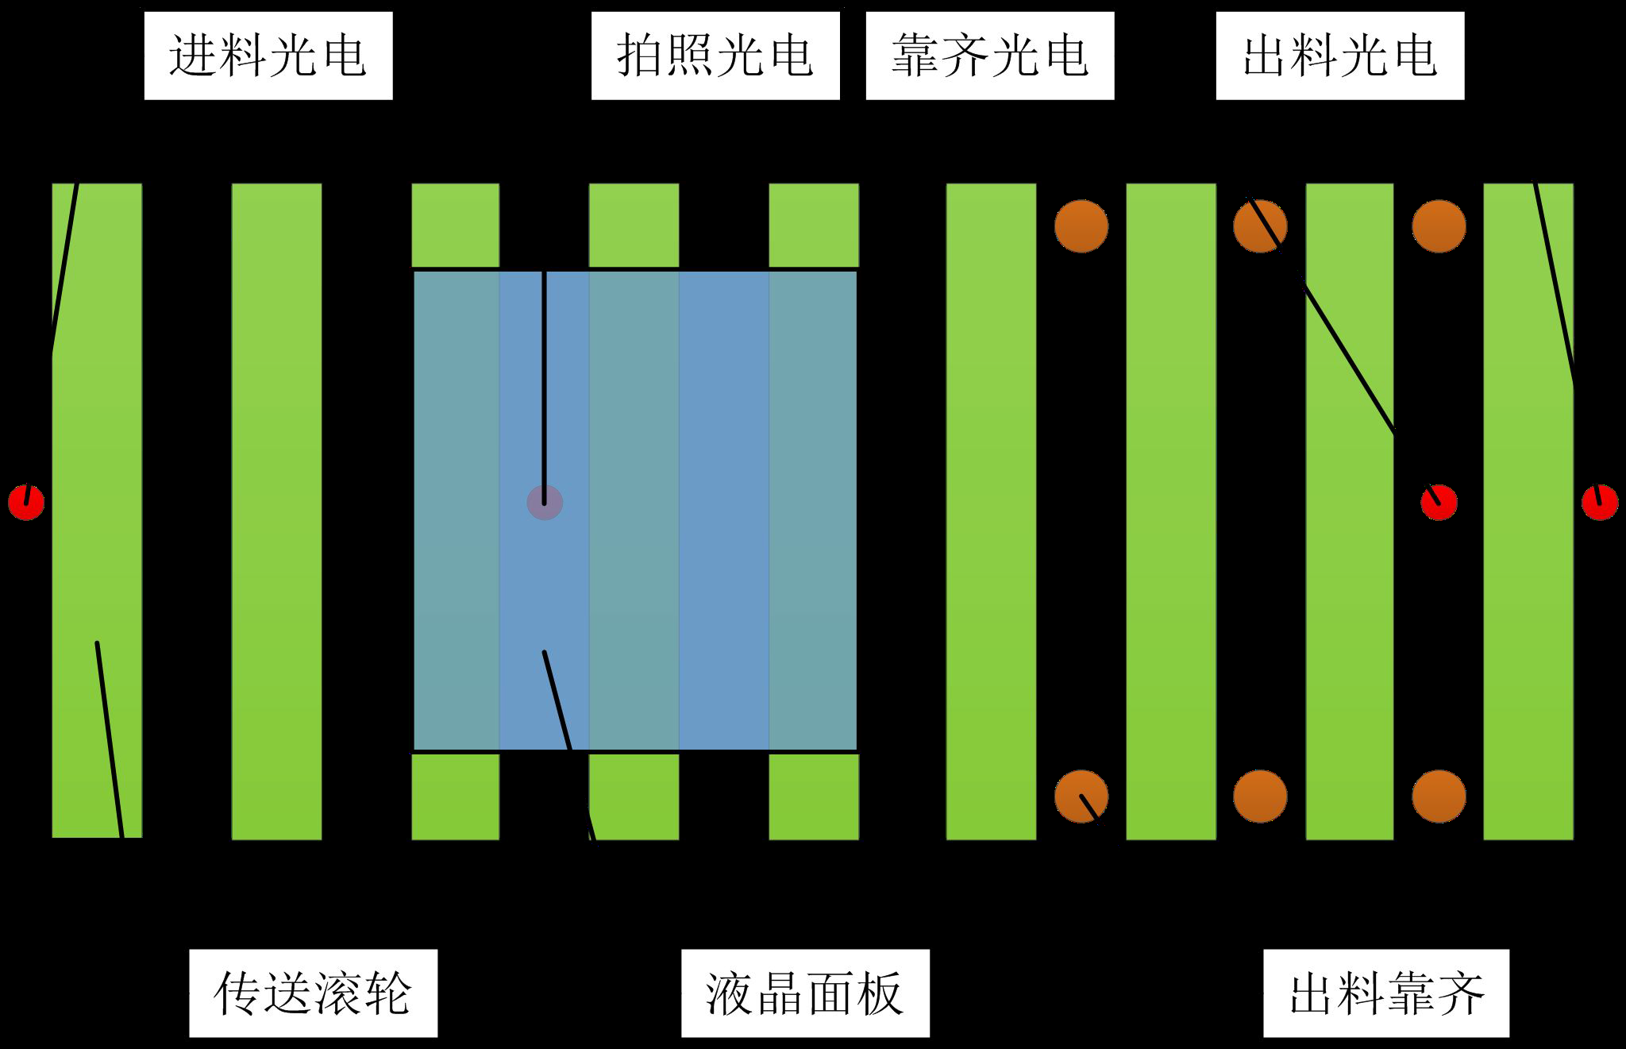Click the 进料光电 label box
[x=268, y=56]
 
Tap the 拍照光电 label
[x=715, y=56]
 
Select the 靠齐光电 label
[x=989, y=56]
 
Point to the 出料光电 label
[x=1339, y=56]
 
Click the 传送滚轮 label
[x=313, y=993]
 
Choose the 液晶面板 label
[x=805, y=993]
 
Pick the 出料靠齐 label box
[x=1385, y=993]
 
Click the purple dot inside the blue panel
[x=545, y=503]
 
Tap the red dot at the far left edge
[x=26, y=502]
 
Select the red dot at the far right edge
[x=1599, y=502]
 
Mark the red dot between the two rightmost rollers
[x=1439, y=502]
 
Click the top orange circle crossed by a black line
[x=1260, y=226]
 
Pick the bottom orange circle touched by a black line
[x=1081, y=796]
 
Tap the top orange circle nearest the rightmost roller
[x=1439, y=226]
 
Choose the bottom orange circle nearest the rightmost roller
[x=1439, y=796]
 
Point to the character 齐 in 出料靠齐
[x=1459, y=993]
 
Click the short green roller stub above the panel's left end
[x=455, y=226]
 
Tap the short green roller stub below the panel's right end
[x=814, y=796]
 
